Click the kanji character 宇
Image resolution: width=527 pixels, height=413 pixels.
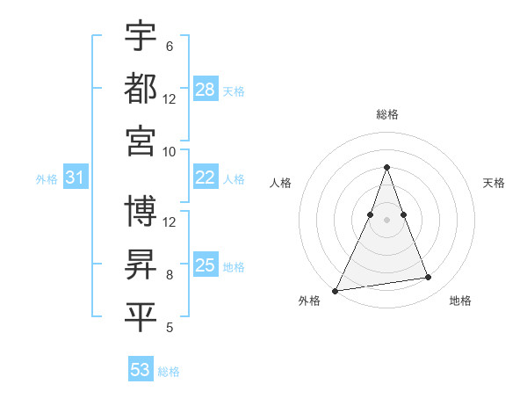coord(141,36)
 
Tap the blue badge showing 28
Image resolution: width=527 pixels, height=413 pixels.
coord(206,90)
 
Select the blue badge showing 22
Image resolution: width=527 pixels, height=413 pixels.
coord(206,178)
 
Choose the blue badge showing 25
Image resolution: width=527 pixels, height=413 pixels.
coord(206,265)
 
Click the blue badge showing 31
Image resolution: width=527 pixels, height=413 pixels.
coord(76,178)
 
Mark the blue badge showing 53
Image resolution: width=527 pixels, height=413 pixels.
coord(141,370)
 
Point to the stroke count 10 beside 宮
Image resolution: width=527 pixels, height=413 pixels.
coord(170,151)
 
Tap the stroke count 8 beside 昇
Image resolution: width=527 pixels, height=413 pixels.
coord(169,275)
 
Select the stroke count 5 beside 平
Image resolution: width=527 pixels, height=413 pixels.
coord(169,328)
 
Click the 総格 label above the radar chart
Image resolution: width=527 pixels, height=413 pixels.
coord(386,114)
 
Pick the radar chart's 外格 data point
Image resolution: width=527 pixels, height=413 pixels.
coord(336,290)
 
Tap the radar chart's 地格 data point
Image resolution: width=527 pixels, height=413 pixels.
coord(428,278)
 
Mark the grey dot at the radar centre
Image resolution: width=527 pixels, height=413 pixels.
coord(386,220)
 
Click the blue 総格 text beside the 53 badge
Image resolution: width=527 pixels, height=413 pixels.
coord(169,371)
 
